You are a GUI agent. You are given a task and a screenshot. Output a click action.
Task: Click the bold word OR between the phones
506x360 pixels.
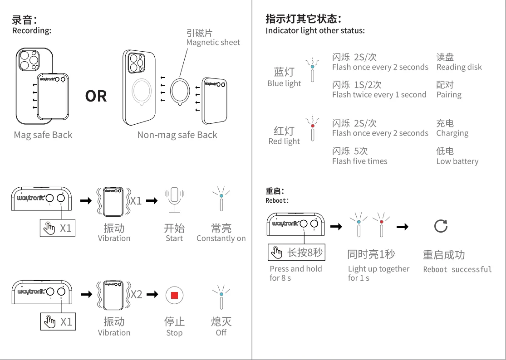click(x=96, y=96)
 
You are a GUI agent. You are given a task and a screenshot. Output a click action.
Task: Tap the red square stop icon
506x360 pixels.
click(x=174, y=295)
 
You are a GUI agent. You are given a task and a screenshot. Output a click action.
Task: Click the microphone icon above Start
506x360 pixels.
click(x=174, y=200)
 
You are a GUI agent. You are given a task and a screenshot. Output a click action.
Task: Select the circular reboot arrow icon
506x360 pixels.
click(x=441, y=226)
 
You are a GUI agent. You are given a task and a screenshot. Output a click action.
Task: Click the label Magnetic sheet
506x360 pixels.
click(x=213, y=42)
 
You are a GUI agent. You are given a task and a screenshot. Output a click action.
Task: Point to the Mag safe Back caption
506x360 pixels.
click(x=43, y=135)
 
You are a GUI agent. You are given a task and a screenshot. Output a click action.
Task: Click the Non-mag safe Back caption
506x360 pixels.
click(x=177, y=135)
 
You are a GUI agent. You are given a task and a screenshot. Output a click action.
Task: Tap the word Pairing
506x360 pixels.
click(x=449, y=95)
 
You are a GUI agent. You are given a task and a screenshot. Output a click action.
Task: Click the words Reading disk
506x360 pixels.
click(x=459, y=67)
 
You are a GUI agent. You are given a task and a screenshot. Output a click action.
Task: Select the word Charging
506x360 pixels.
click(x=452, y=133)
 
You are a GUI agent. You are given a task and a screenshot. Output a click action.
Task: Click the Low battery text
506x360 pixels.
click(x=457, y=161)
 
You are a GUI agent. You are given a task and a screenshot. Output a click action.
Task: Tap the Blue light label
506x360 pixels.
click(x=284, y=83)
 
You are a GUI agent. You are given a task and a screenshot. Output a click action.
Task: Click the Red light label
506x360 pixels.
click(x=284, y=141)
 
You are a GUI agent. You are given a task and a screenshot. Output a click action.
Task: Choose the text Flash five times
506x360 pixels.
click(x=360, y=161)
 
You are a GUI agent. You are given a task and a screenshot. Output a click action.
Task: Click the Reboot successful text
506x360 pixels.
click(x=457, y=269)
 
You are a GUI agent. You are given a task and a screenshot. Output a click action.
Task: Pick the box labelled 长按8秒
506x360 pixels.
click(x=296, y=252)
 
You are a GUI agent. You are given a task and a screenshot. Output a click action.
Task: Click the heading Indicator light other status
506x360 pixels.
click(x=315, y=31)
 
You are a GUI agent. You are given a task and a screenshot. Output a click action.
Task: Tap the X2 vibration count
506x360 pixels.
click(x=136, y=295)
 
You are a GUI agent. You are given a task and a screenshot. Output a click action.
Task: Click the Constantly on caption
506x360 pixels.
click(x=221, y=238)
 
